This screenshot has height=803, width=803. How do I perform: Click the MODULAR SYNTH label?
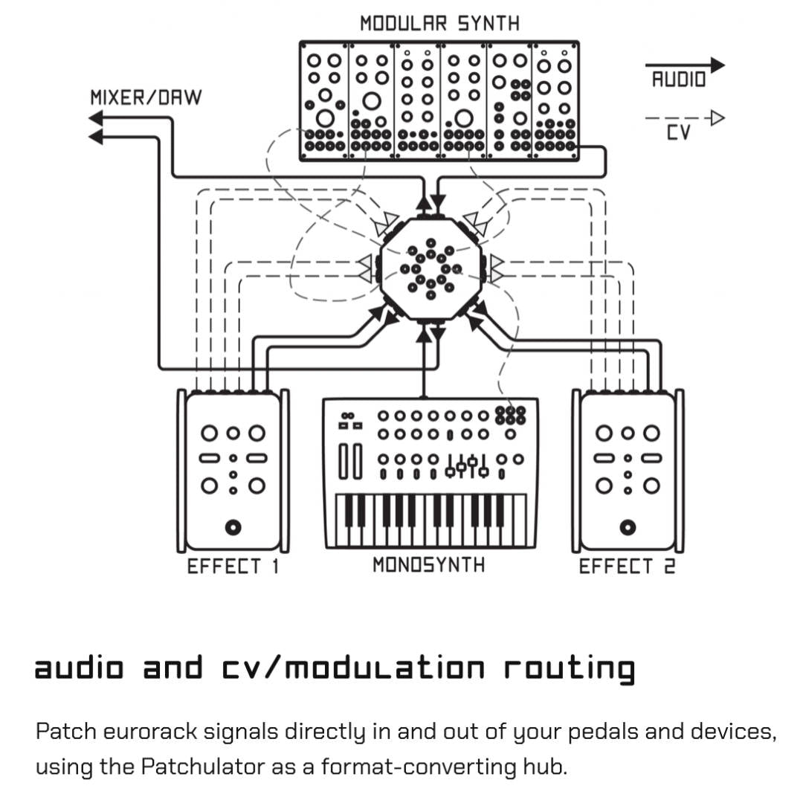(x=439, y=23)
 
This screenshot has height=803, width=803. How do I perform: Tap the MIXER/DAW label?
(x=146, y=97)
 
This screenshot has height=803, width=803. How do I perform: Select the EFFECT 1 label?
(x=233, y=567)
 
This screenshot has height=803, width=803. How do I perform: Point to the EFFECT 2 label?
(x=628, y=567)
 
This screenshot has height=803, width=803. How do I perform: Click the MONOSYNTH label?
(x=428, y=565)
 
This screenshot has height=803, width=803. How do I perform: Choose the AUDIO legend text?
(x=678, y=80)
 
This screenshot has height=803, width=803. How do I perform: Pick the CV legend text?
(x=678, y=134)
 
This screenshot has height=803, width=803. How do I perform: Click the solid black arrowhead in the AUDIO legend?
(x=716, y=65)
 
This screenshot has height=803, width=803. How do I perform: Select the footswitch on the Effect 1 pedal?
(x=233, y=527)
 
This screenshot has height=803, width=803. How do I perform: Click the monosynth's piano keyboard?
(x=430, y=520)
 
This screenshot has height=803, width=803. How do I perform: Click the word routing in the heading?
(x=569, y=668)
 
